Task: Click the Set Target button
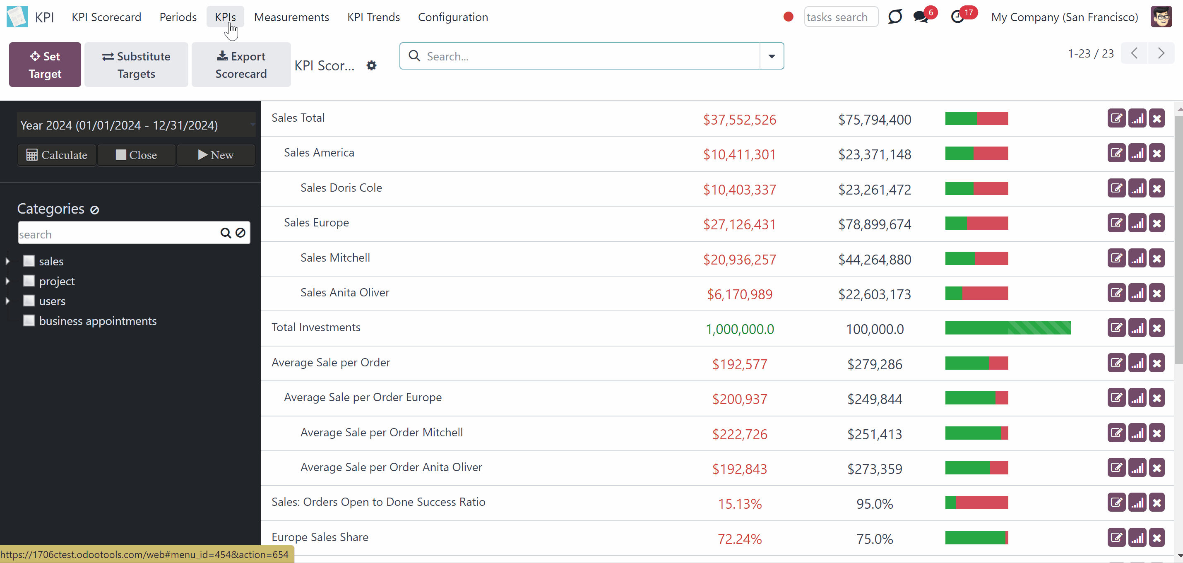tap(45, 65)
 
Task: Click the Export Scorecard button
tap(241, 65)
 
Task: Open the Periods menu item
tap(178, 17)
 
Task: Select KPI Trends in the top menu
tap(373, 17)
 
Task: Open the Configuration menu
tap(453, 17)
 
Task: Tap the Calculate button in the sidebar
tap(57, 155)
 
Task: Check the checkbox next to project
tap(29, 281)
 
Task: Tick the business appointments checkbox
tap(29, 320)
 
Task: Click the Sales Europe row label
tap(316, 223)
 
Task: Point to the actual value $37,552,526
tap(739, 120)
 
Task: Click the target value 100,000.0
tap(875, 329)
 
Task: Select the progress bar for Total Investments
tap(1008, 328)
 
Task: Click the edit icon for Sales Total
tap(1116, 118)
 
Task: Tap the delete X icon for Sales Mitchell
tap(1157, 259)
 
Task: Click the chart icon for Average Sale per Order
tap(1137, 363)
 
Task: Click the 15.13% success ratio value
tap(739, 504)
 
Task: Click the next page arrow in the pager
tap(1161, 53)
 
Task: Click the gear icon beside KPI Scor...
tap(372, 66)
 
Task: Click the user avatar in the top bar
tap(1161, 17)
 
